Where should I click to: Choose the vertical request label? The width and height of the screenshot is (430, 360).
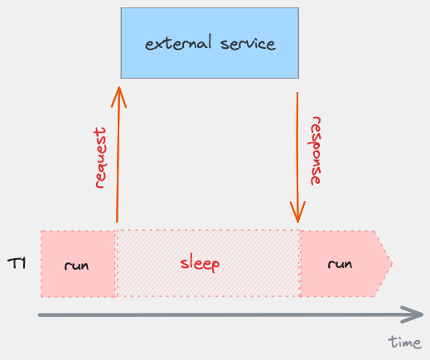point(101,158)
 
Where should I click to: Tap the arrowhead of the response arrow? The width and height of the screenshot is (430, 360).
point(297,215)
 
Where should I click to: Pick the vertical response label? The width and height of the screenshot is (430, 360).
point(316,150)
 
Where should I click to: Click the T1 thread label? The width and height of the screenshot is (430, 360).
point(17,264)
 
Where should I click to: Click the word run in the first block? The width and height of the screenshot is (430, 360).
point(76,266)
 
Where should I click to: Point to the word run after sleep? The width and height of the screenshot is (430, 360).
point(340,264)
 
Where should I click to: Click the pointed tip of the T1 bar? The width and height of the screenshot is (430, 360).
point(389,264)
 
